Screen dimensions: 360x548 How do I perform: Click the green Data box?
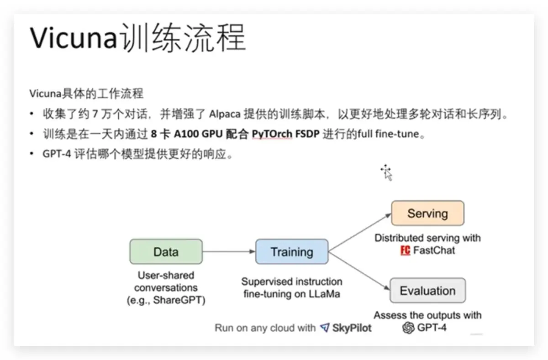pyautogui.click(x=166, y=252)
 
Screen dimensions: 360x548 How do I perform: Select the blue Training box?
pyautogui.click(x=291, y=252)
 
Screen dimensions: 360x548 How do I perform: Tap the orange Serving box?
pyautogui.click(x=427, y=214)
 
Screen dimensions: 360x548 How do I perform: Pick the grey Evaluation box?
pyautogui.click(x=427, y=291)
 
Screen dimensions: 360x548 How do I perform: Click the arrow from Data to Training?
pyautogui.click(x=228, y=252)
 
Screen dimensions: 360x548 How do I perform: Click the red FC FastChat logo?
pyautogui.click(x=405, y=250)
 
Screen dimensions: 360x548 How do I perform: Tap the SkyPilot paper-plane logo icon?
pyautogui.click(x=325, y=328)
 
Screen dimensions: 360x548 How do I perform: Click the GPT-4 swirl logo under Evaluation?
pyautogui.click(x=408, y=328)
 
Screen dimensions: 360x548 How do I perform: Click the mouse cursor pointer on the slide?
pyautogui.click(x=387, y=173)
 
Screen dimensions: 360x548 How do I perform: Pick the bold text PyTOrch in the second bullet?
pyautogui.click(x=272, y=135)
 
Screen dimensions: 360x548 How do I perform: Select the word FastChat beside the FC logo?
pyautogui.click(x=434, y=250)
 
